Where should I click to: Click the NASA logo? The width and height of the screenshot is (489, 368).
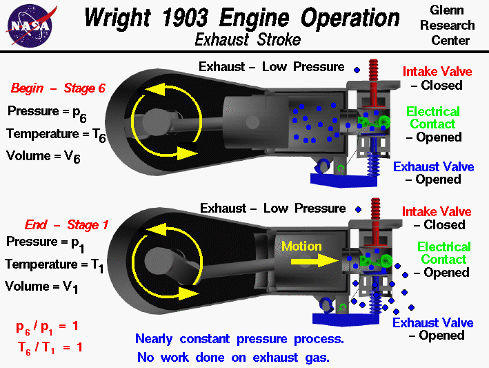pos(30,25)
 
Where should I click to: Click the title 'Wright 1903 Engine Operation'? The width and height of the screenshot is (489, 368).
pos(241,17)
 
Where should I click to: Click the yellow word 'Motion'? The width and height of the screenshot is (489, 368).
pos(302,246)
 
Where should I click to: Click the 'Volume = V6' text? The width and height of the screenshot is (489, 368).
pos(43,156)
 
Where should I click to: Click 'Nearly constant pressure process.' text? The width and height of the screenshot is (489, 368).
pos(239,339)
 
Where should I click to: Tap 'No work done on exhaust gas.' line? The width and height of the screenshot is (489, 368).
pos(234,357)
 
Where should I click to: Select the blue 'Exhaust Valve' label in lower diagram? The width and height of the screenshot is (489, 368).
pos(433,322)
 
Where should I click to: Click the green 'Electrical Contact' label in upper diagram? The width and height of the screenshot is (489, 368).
pos(432,118)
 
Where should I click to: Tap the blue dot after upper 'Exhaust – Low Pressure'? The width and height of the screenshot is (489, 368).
pos(357,70)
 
